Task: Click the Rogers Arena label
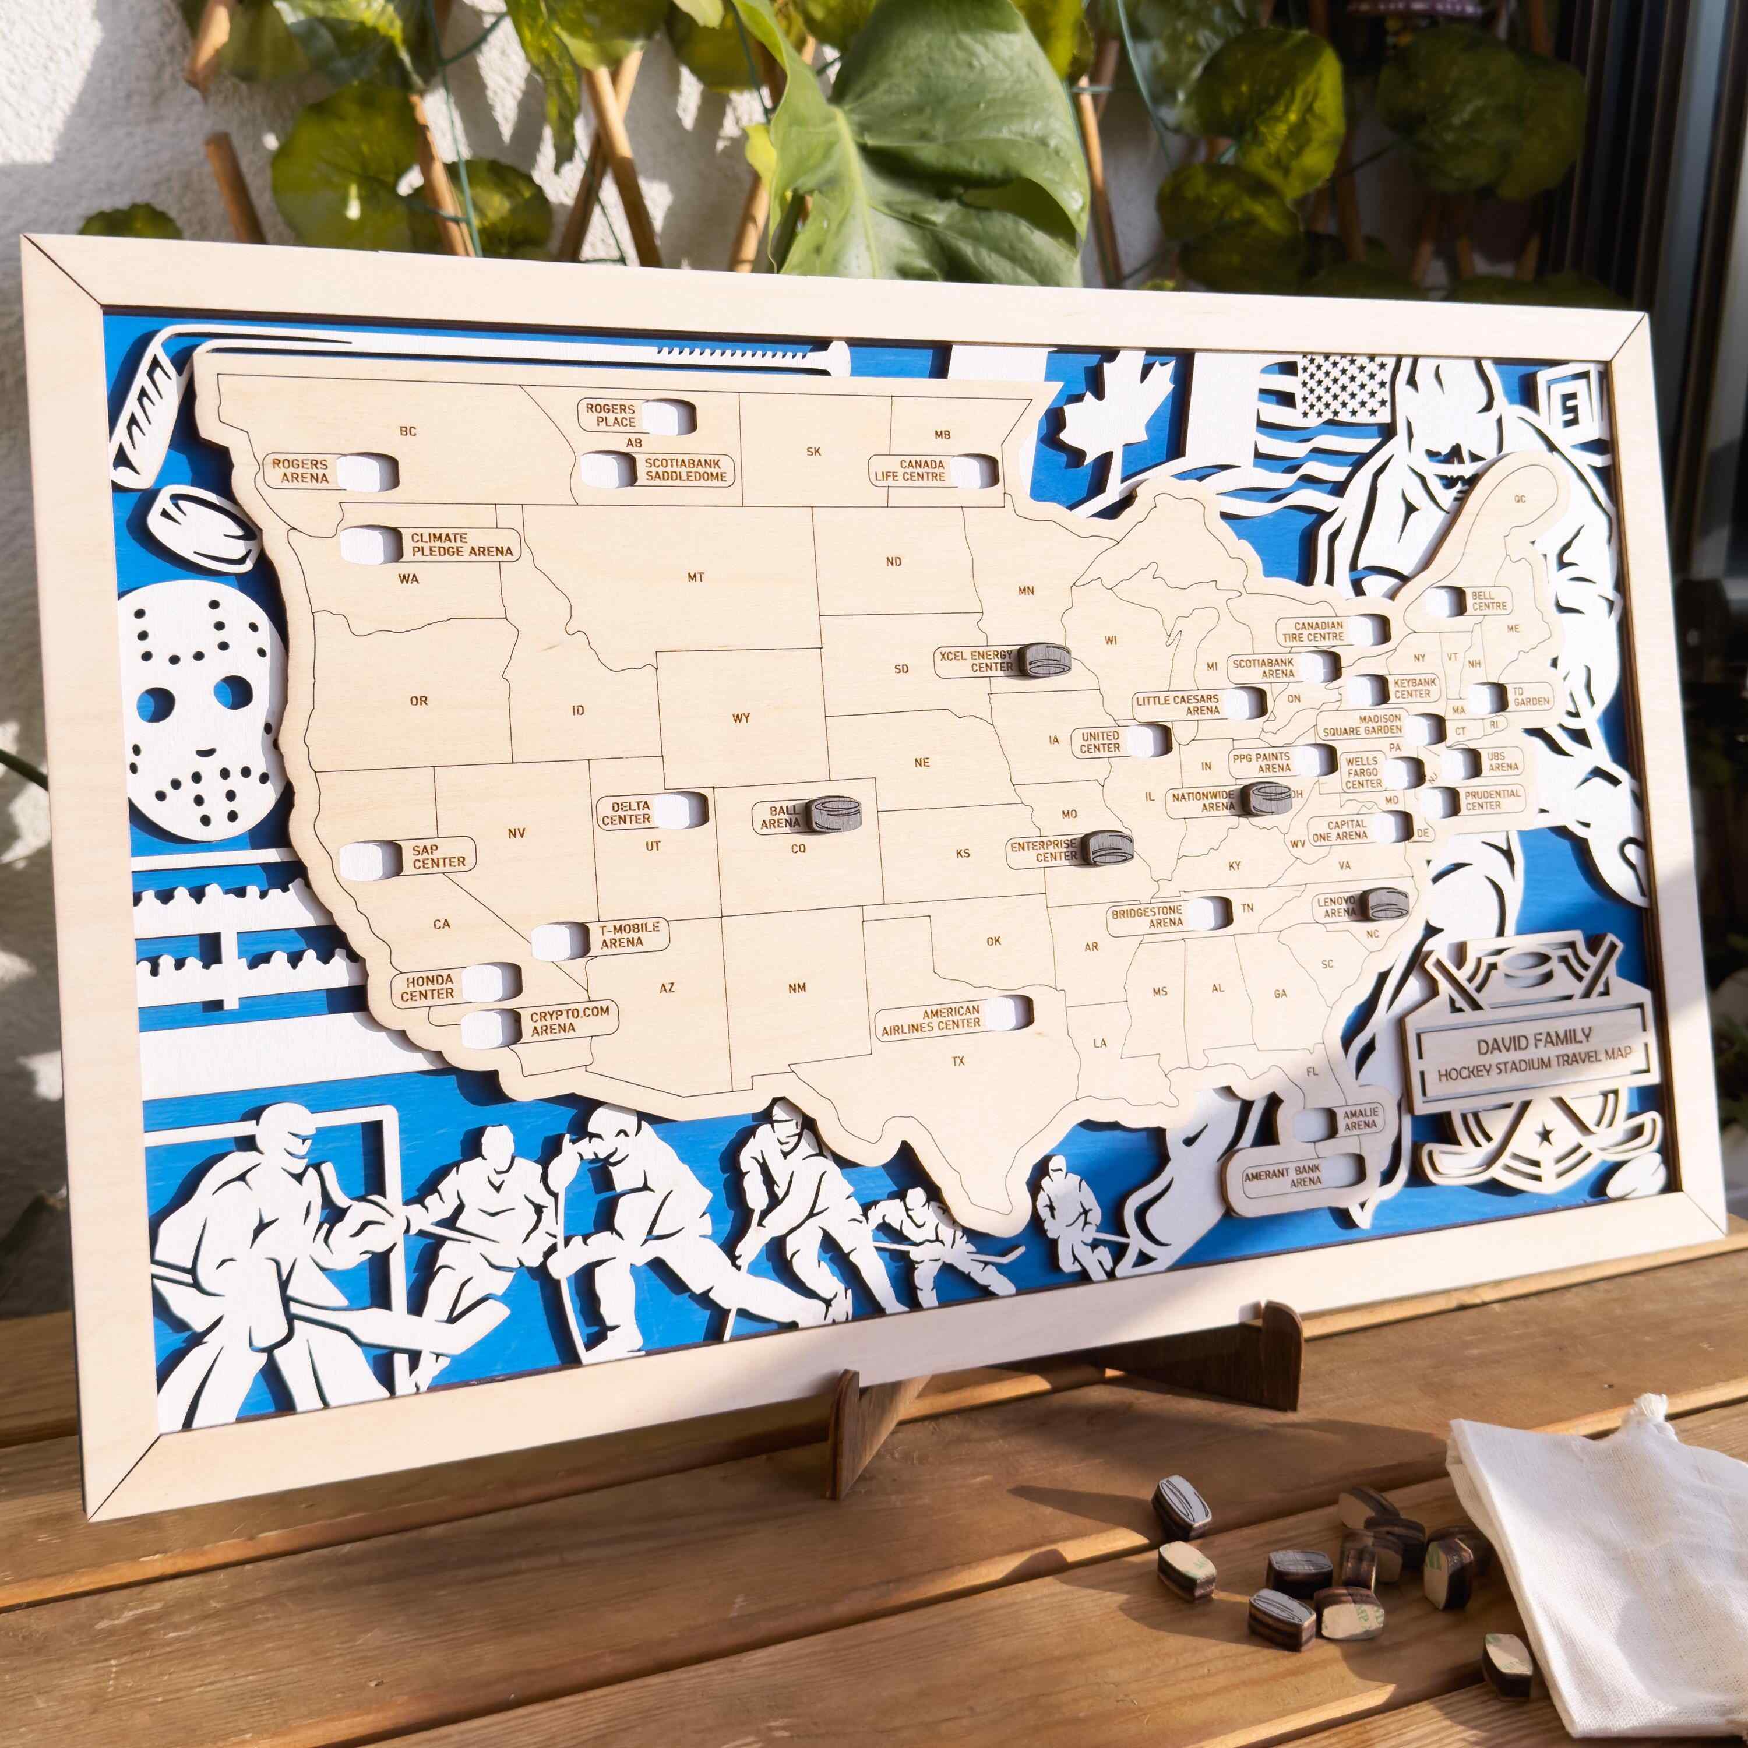pyautogui.click(x=301, y=470)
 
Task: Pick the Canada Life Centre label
pyautogui.click(x=910, y=470)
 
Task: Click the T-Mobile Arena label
pyautogui.click(x=629, y=936)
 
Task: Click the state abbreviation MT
pyautogui.click(x=695, y=577)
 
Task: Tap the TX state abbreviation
pyautogui.click(x=958, y=1060)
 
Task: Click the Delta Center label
pyautogui.click(x=626, y=812)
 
